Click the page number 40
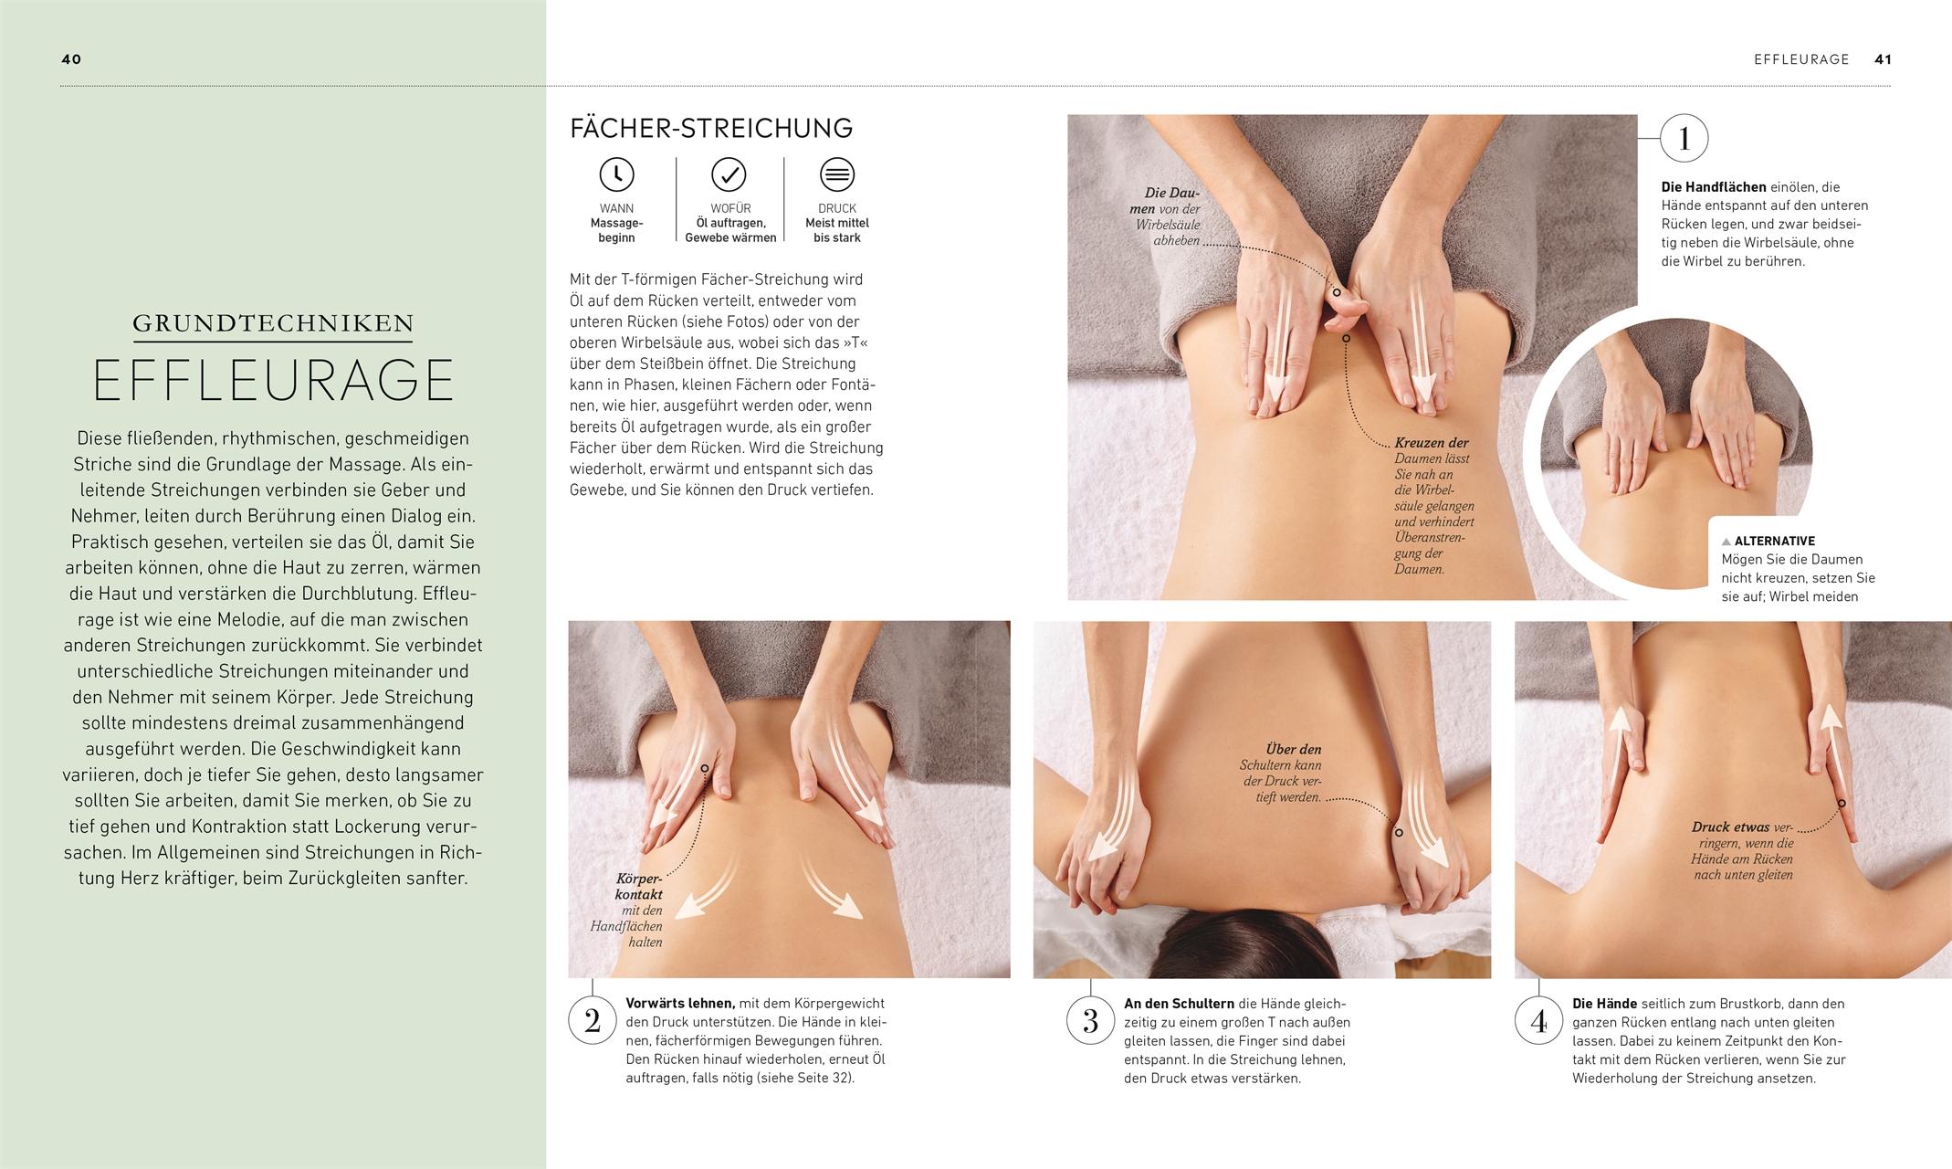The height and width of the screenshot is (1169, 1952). pyautogui.click(x=71, y=59)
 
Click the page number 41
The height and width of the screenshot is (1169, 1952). pyautogui.click(x=1883, y=59)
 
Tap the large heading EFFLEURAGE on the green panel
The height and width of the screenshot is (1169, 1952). pyautogui.click(x=273, y=381)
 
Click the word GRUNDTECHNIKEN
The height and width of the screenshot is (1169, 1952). pyautogui.click(x=273, y=323)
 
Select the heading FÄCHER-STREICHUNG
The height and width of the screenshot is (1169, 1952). pyautogui.click(x=711, y=128)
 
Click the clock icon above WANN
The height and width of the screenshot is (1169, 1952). pyautogui.click(x=616, y=174)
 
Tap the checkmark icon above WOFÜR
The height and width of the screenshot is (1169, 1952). pyautogui.click(x=729, y=174)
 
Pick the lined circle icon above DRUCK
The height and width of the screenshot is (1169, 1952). pyautogui.click(x=836, y=174)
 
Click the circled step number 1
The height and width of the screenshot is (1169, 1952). pyautogui.click(x=1684, y=139)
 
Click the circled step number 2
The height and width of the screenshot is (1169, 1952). pyautogui.click(x=593, y=1020)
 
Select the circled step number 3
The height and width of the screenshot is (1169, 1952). pyautogui.click(x=1090, y=1020)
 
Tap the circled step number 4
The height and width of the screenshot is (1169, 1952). pyautogui.click(x=1538, y=1020)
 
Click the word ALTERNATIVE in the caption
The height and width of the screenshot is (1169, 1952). pyautogui.click(x=1774, y=541)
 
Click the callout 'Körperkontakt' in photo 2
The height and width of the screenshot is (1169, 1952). pyautogui.click(x=638, y=887)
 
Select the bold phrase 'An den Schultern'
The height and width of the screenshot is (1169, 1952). pyautogui.click(x=1179, y=1004)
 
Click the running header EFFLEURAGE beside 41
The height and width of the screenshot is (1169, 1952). pyautogui.click(x=1800, y=59)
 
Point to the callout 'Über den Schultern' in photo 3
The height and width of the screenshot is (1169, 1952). pyautogui.click(x=1283, y=757)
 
